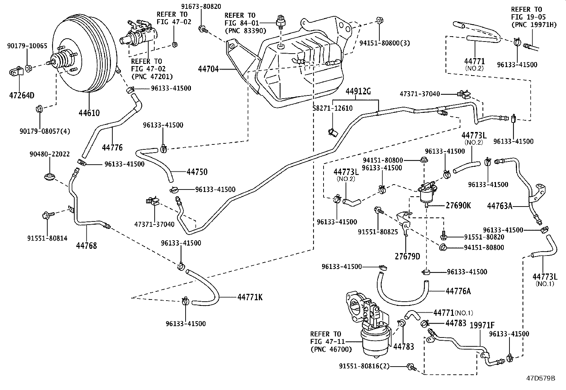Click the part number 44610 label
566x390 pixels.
click(x=89, y=113)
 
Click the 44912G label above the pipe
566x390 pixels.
click(x=358, y=92)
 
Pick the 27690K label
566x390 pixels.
click(x=458, y=205)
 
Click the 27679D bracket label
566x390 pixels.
click(x=407, y=256)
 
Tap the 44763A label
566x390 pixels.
click(x=500, y=206)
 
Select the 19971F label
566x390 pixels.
click(x=482, y=325)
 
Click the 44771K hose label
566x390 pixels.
click(x=250, y=297)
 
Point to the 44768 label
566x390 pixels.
click(x=86, y=245)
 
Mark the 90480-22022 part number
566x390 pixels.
click(x=49, y=154)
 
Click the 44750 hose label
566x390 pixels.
click(x=197, y=172)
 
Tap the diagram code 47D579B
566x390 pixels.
click(x=541, y=378)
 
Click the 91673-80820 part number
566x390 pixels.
click(x=201, y=6)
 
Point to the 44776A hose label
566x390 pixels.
click(x=458, y=291)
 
